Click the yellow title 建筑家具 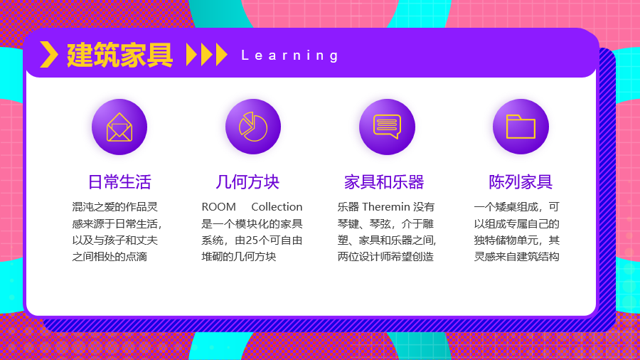[x=119, y=55]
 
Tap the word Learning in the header [x=290, y=55]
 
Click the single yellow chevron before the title [x=49, y=55]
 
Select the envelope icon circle [x=119, y=127]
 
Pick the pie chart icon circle [x=253, y=127]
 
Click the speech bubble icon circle [x=387, y=127]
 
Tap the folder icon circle [x=521, y=127]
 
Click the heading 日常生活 [x=119, y=182]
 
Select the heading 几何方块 [x=247, y=182]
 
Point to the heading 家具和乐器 [x=384, y=182]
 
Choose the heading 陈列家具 [x=521, y=182]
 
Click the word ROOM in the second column [x=219, y=207]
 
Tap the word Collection [x=277, y=207]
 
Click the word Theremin [x=385, y=207]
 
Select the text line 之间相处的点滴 [x=110, y=257]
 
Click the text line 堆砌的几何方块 [x=239, y=257]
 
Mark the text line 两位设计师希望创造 [x=385, y=257]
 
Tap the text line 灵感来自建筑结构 [x=516, y=257]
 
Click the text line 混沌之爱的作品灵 [x=114, y=207]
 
